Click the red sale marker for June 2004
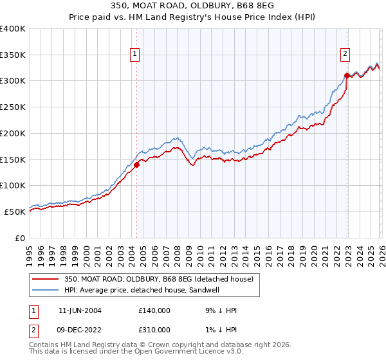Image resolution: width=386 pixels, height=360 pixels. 137,164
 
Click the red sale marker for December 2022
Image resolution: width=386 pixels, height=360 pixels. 347,75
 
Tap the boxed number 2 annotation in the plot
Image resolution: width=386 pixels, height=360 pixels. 345,54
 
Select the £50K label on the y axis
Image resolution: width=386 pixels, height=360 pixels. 15,212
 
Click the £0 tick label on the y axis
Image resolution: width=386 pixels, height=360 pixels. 20,238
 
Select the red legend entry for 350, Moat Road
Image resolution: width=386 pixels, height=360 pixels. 159,279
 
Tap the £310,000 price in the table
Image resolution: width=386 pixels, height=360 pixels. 154,329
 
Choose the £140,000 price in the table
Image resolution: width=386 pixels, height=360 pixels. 154,310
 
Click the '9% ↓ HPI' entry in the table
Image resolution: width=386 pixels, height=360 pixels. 221,310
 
